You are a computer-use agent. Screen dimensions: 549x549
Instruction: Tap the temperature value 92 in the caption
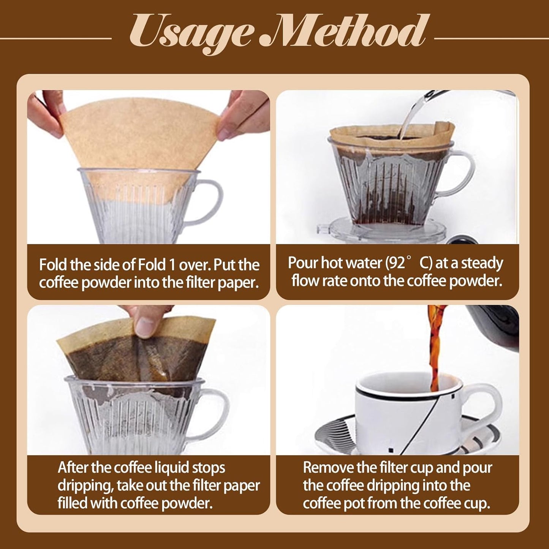coord(397,263)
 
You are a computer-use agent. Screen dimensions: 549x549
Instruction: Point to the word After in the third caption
coord(73,468)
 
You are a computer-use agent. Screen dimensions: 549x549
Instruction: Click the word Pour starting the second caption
coord(303,263)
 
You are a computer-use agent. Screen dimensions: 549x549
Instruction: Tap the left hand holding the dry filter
coord(44,114)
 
